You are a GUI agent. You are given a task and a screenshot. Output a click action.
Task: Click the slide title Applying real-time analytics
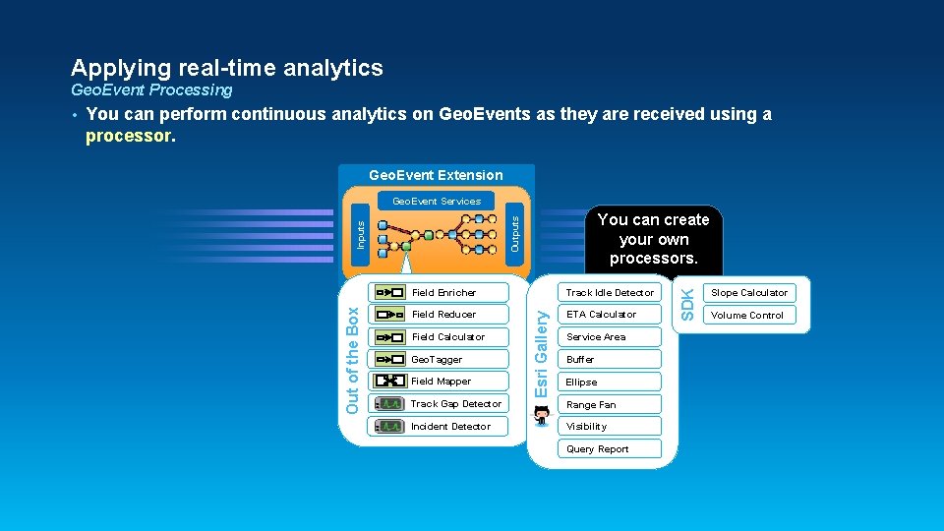227,68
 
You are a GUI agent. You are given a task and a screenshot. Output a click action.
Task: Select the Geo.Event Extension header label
436,175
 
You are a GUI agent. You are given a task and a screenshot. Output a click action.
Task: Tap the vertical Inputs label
361,234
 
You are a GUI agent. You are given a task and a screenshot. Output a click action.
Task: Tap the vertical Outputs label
516,234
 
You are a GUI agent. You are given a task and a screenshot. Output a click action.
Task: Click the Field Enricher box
439,292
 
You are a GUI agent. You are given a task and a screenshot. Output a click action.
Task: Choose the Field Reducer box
439,315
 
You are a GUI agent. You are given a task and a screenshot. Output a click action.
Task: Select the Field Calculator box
439,337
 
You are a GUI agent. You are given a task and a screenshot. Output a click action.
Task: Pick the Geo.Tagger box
439,359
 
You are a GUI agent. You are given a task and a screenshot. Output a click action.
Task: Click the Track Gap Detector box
439,404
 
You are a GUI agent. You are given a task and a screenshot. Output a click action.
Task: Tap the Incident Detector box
439,427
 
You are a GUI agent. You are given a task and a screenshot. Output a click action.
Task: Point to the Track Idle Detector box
610,292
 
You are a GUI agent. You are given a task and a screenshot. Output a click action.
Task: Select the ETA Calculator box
610,315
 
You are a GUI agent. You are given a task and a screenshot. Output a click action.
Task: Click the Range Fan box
610,404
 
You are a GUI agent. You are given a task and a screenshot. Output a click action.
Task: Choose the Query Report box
610,449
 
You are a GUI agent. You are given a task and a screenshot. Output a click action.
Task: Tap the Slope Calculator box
749,292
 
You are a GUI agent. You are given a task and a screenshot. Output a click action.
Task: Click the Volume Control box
749,315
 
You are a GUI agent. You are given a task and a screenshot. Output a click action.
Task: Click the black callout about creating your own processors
653,239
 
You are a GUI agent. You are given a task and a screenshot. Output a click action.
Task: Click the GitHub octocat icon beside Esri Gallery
543,416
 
